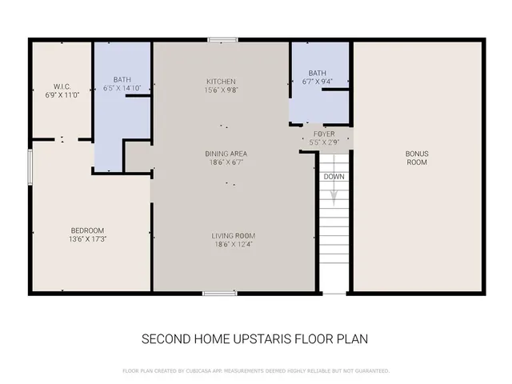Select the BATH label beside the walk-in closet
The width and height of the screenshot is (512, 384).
coord(122,79)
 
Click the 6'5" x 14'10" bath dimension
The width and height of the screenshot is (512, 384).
coord(122,87)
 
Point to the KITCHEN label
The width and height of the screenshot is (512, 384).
coord(222,82)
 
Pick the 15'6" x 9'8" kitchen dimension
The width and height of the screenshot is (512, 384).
coord(222,90)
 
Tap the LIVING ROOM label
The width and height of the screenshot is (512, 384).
coord(233,235)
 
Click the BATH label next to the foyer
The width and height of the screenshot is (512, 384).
coord(318,73)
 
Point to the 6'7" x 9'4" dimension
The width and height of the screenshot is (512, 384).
coord(318,81)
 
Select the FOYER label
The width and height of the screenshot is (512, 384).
coord(324,134)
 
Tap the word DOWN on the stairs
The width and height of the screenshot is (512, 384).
coord(334,177)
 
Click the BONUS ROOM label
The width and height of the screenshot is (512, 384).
coord(417,157)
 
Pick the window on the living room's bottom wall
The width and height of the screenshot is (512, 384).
coord(219,294)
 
